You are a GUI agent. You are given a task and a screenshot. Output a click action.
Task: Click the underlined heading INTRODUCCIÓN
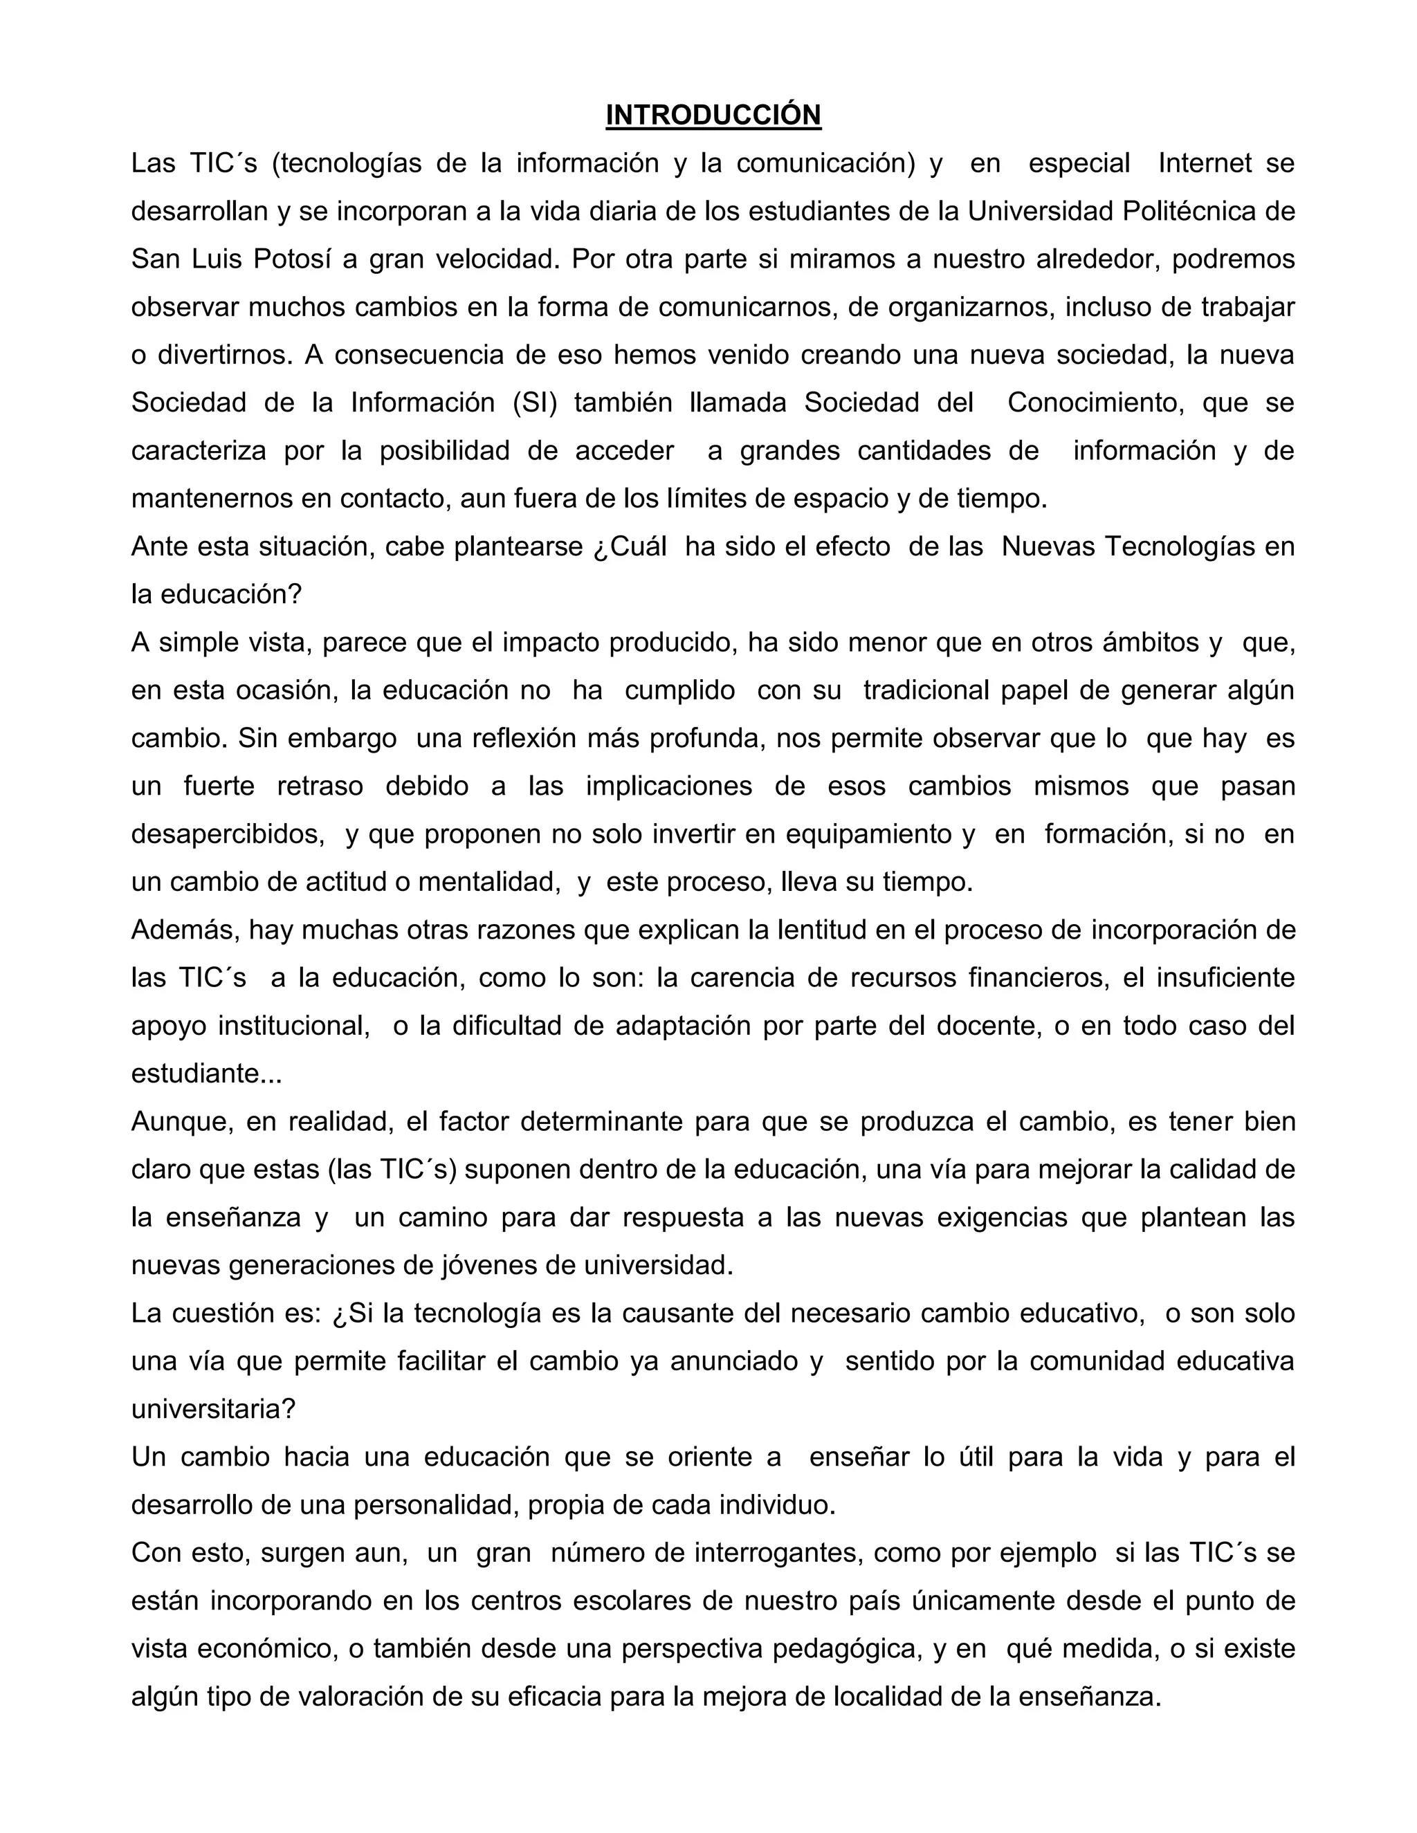tap(713, 115)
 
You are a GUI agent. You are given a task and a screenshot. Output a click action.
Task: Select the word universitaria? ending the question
tap(213, 1408)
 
